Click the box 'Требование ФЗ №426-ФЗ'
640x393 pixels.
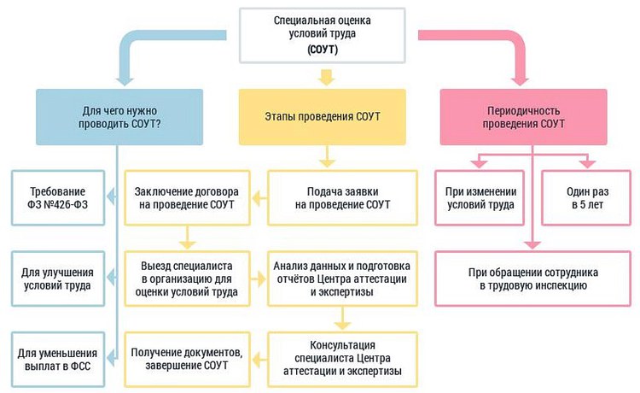(x=58, y=198)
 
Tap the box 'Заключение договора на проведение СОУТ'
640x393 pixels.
(x=186, y=198)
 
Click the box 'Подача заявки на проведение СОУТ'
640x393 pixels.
(x=342, y=198)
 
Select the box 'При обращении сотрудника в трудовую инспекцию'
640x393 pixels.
(x=532, y=279)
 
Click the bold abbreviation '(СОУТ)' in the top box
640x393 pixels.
(x=323, y=50)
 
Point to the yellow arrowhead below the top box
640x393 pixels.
(x=323, y=79)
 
